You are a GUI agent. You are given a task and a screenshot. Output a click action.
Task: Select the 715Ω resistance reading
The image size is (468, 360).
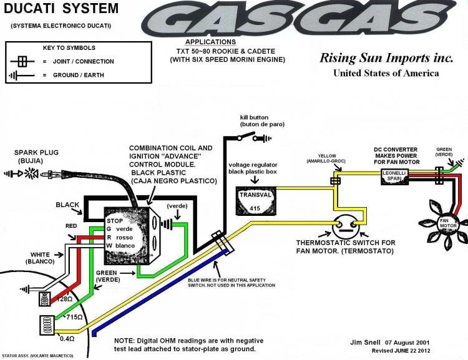[x=74, y=318]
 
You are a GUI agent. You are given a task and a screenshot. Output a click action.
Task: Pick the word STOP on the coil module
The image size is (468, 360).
[x=115, y=220]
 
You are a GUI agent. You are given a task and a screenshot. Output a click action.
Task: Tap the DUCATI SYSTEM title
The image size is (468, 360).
[x=59, y=9]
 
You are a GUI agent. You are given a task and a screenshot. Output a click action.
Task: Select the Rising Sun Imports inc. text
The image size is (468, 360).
[x=386, y=59]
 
